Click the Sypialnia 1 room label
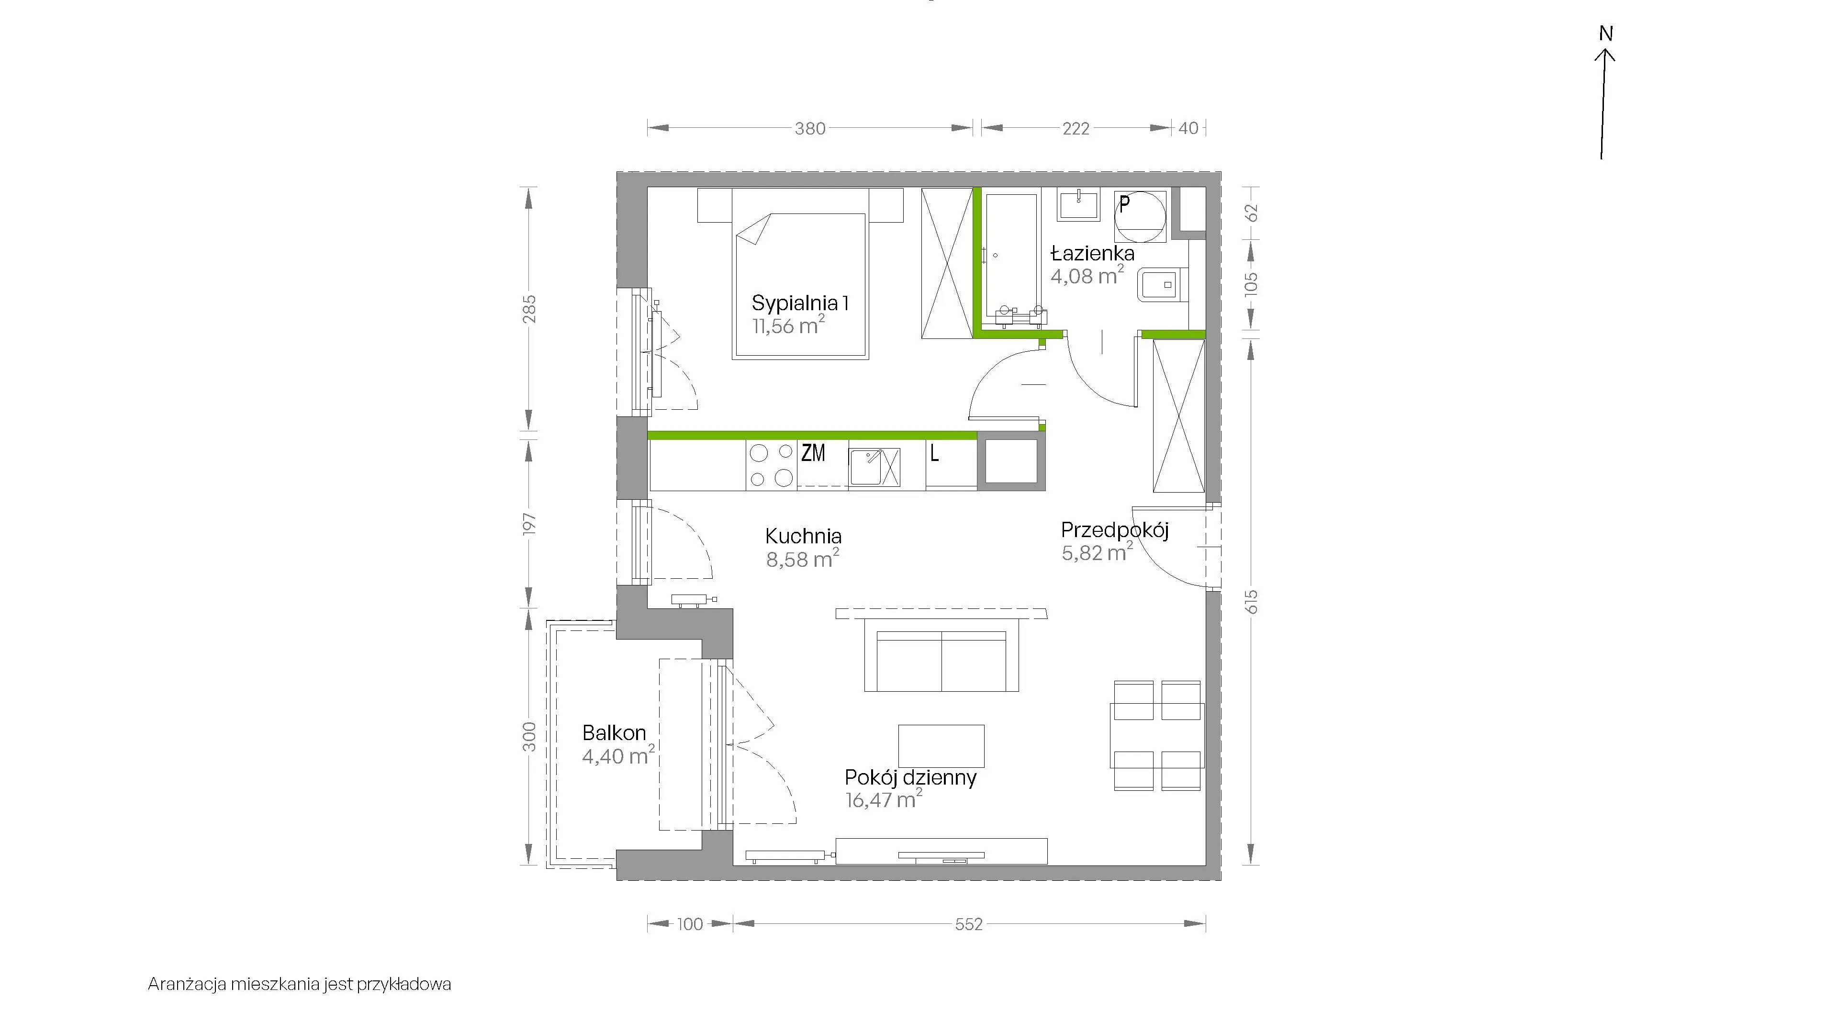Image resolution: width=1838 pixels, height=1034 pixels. [800, 303]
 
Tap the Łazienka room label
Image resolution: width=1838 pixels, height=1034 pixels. [1092, 253]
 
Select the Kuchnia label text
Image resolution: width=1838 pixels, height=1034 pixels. [804, 536]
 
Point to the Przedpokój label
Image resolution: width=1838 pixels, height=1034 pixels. [1114, 530]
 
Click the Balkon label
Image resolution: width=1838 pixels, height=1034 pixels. [614, 733]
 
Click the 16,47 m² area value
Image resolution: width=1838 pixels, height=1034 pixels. [883, 800]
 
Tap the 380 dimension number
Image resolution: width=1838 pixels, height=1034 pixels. [810, 128]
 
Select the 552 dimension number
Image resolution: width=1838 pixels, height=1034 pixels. [969, 924]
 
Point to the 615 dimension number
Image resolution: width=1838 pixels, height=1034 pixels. [1251, 602]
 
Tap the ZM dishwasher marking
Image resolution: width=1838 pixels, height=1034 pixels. [813, 452]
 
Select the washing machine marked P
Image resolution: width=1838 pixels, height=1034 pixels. [1140, 215]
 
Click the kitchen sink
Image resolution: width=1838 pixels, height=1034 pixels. [874, 467]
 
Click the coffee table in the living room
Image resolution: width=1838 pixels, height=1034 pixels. [941, 746]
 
